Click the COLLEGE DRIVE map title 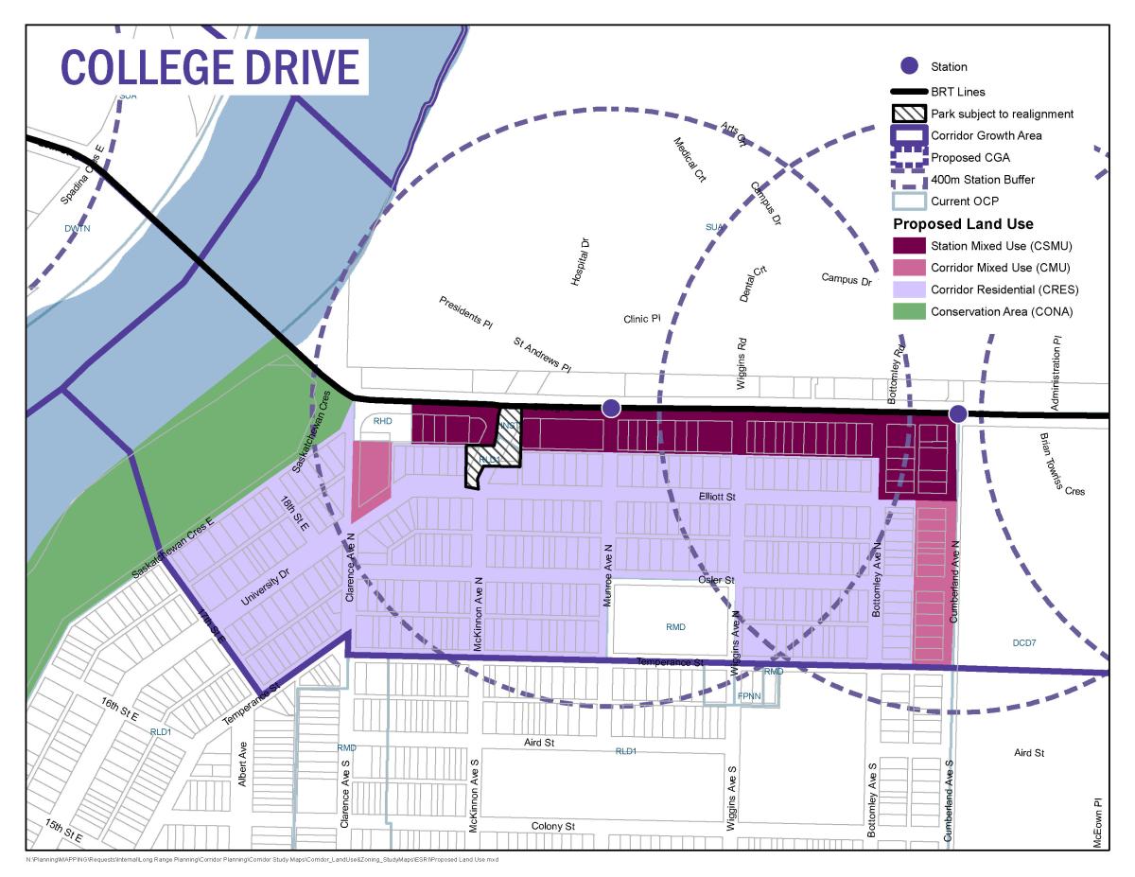(210, 67)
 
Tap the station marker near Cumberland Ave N (957, 413)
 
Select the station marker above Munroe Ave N (611, 408)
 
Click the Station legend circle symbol (909, 66)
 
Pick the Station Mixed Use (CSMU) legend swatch (909, 246)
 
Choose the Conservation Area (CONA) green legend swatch (909, 311)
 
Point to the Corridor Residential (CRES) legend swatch (909, 289)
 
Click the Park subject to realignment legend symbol (909, 114)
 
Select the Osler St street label (717, 579)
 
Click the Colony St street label (552, 826)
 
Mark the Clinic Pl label (641, 319)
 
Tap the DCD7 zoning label (1025, 642)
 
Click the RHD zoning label (382, 421)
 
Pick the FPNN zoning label (749, 696)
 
